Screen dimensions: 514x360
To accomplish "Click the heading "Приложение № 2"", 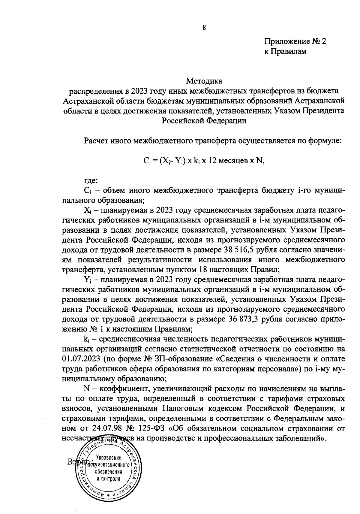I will pos(295,41).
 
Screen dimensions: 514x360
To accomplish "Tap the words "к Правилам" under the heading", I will pos(285,52).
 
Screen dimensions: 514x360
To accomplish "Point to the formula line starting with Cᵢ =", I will pos(204,161).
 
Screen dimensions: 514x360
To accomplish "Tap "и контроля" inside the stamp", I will pos(109,479).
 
